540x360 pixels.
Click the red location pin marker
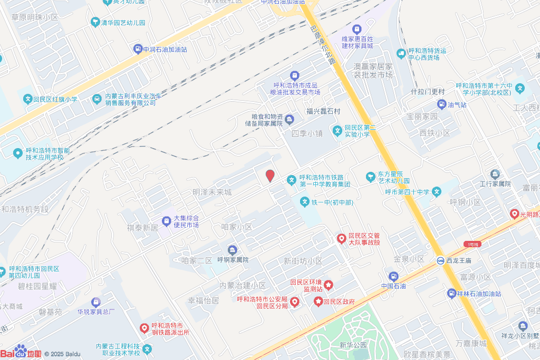click(270, 176)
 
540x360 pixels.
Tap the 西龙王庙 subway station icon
click(440, 260)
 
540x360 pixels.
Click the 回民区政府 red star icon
click(319, 301)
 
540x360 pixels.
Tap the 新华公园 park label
click(353, 345)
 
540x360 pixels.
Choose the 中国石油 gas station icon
click(393, 276)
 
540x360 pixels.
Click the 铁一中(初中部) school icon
click(304, 202)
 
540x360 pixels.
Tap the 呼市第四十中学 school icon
click(437, 192)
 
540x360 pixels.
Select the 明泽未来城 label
click(212, 192)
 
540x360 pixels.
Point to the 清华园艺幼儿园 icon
click(95, 22)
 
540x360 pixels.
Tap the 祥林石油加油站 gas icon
click(451, 293)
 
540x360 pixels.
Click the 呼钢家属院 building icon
click(232, 249)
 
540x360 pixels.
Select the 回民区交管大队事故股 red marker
click(341, 239)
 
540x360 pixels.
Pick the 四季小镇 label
click(307, 133)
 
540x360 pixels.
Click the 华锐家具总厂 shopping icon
click(95, 302)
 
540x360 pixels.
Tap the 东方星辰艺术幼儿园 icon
click(371, 176)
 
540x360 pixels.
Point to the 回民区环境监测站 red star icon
click(328, 285)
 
